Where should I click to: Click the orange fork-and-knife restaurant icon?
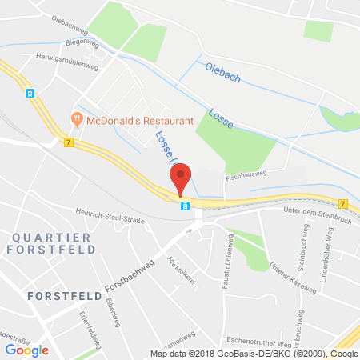point(78,119)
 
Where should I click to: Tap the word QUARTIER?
point(38,236)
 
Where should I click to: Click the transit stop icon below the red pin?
point(186,206)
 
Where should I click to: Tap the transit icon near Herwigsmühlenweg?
point(30,93)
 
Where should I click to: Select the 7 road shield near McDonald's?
point(69,142)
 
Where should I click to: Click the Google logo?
point(26,350)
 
